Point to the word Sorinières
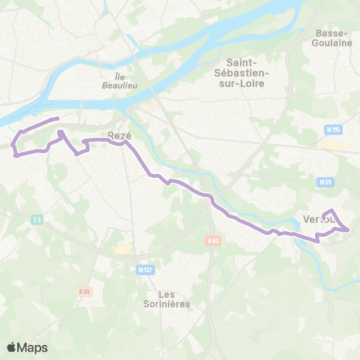pyautogui.click(x=166, y=304)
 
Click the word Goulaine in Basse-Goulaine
pyautogui.click(x=334, y=43)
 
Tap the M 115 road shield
pyautogui.click(x=334, y=130)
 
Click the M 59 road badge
pyautogui.click(x=325, y=181)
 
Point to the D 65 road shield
pyautogui.click(x=84, y=290)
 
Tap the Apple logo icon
pyautogui.click(x=12, y=347)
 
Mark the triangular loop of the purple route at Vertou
pyautogui.click(x=336, y=221)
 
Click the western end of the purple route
pyautogui.click(x=15, y=156)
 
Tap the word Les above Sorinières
pyautogui.click(x=166, y=293)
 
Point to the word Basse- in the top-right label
pyautogui.click(x=334, y=33)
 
